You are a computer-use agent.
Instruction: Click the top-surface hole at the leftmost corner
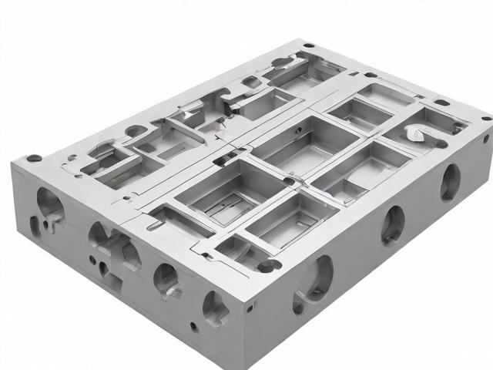[x=34, y=158]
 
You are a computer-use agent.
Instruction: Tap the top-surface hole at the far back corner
[x=308, y=45]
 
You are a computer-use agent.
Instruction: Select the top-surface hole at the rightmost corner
[x=486, y=118]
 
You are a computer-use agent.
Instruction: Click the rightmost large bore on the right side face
[x=450, y=182]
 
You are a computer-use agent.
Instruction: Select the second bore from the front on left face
[x=166, y=279]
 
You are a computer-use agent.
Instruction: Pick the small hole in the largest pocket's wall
[x=290, y=181]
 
